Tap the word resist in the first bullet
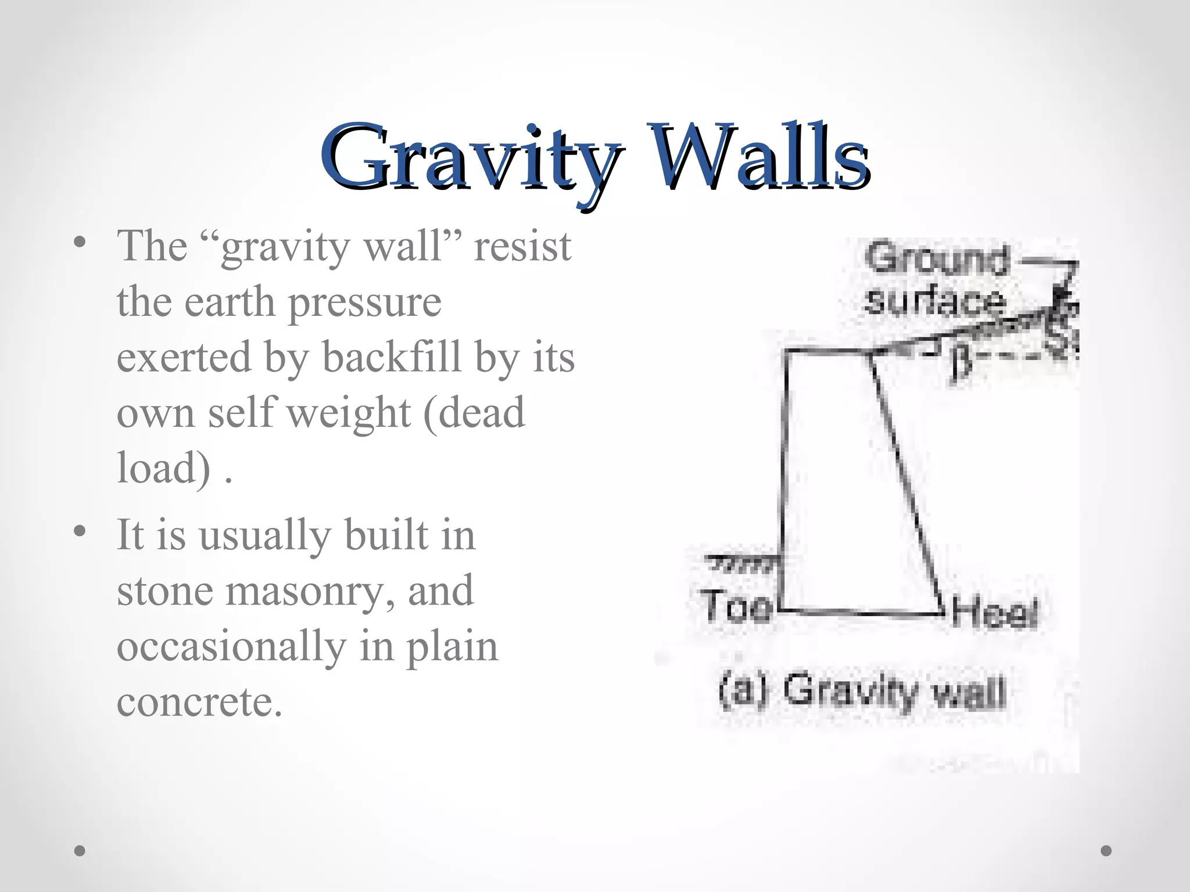click(x=522, y=246)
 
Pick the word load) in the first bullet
click(x=163, y=468)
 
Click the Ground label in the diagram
click(x=937, y=259)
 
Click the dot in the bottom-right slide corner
click(x=1106, y=851)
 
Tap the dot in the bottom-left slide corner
click(x=80, y=851)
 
